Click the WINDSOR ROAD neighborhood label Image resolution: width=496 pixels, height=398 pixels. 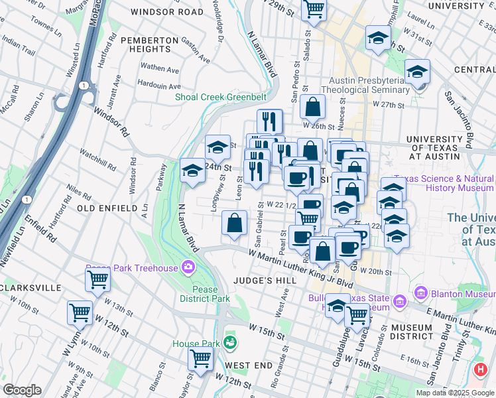point(167,12)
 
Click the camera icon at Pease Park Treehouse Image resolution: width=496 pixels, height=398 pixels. point(188,267)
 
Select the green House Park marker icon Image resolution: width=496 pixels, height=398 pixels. point(230,342)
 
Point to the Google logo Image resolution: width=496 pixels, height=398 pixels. point(22,390)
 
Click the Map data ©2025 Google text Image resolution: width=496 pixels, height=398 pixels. point(455,393)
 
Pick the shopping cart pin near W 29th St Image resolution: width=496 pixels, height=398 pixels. point(314,9)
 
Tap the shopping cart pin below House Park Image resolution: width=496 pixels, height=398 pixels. point(201,358)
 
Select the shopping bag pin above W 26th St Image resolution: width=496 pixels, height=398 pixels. point(312,106)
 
